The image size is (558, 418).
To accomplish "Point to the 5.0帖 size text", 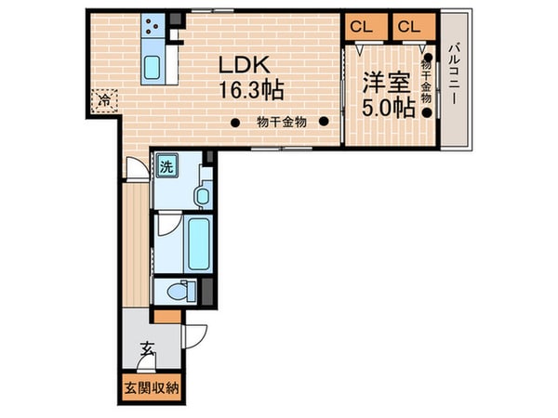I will coord(387,106).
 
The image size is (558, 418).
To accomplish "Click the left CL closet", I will coord(362,27).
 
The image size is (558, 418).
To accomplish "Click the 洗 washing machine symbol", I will coord(166,167).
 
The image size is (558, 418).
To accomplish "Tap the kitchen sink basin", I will coord(153,67).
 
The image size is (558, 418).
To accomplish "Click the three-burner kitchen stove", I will coord(153,30).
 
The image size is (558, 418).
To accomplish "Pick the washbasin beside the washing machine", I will coord(199,196).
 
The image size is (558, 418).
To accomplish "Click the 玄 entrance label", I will coord(148,350).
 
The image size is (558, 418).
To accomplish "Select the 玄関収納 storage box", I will coord(147,387).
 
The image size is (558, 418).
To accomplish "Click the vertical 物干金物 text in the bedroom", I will coord(426,82).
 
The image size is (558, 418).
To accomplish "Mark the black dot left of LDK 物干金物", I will coord(236,121).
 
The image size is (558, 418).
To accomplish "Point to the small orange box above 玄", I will coord(167,316).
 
